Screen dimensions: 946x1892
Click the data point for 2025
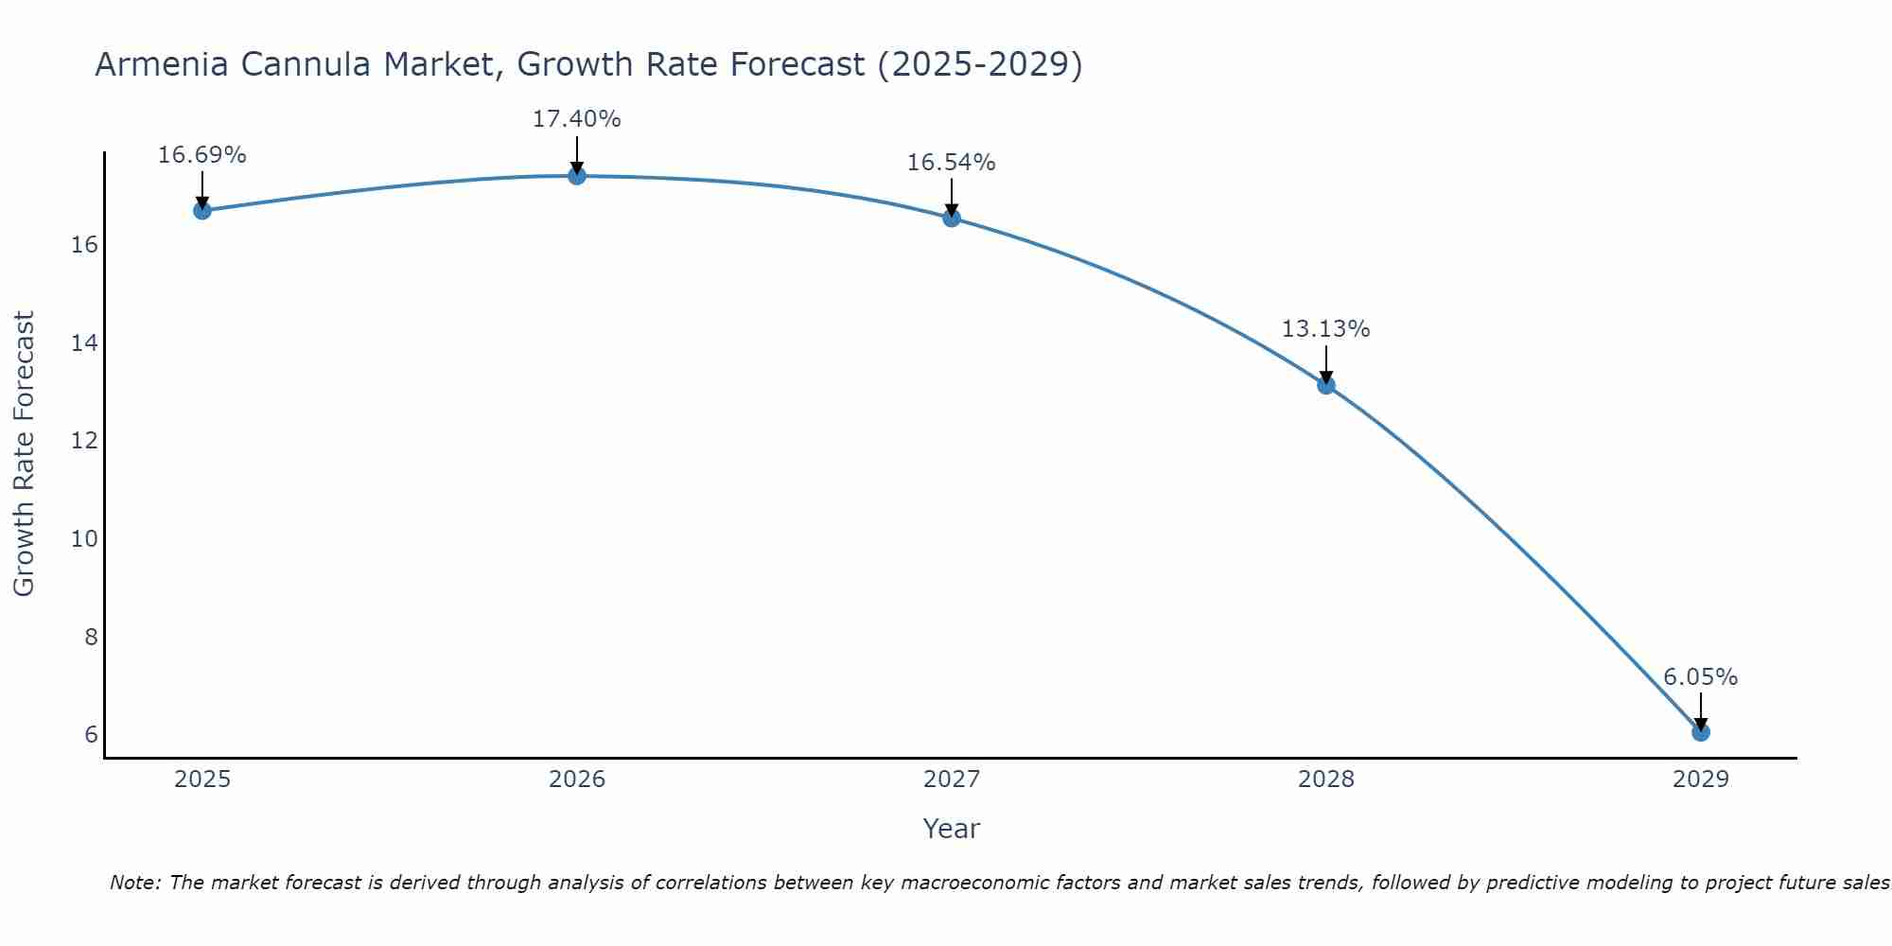[x=202, y=210]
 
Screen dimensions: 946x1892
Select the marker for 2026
[x=577, y=175]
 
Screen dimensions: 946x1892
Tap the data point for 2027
[x=952, y=218]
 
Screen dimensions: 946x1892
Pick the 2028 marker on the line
[x=1326, y=385]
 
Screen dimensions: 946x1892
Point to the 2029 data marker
[x=1701, y=731]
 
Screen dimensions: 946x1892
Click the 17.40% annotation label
[x=576, y=119]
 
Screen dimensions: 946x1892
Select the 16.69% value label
[x=201, y=155]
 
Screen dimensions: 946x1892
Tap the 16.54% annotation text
[x=951, y=163]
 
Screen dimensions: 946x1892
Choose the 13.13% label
[x=1325, y=329]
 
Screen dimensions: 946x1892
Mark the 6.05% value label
[x=1700, y=677]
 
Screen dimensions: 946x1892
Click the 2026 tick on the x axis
[x=577, y=780]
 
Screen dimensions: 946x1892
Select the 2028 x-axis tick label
[x=1326, y=780]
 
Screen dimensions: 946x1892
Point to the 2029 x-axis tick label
[x=1701, y=780]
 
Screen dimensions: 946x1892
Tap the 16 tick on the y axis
[x=84, y=245]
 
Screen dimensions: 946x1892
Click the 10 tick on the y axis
[x=84, y=539]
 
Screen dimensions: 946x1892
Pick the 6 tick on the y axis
[x=91, y=735]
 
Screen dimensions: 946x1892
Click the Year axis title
[x=951, y=829]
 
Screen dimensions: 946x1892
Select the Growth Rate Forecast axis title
[x=24, y=454]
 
